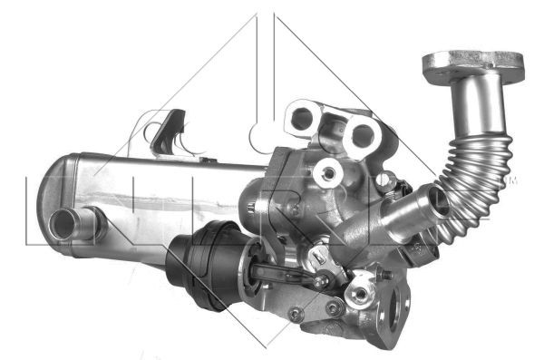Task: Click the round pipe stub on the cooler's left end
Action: tap(67, 220)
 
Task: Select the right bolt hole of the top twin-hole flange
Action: tap(364, 135)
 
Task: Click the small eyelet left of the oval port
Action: tap(362, 293)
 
